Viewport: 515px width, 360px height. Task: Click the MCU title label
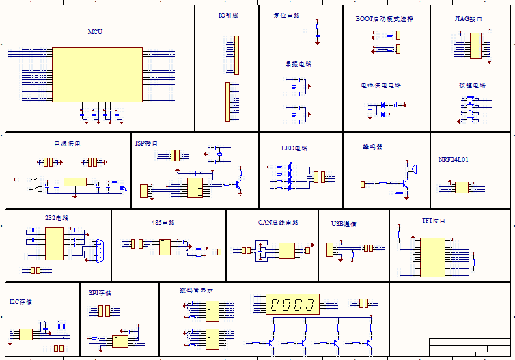point(96,32)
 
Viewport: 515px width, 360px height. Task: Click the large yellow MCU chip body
point(97,74)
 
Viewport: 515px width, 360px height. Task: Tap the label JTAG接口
point(469,19)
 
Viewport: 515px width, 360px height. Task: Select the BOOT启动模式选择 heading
point(384,19)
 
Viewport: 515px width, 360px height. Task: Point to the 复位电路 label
point(286,15)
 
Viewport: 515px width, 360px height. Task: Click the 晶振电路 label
point(298,64)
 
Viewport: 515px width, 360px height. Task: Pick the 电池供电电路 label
point(381,85)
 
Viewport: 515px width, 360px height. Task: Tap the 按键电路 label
point(472,85)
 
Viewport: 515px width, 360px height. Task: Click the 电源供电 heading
point(68,143)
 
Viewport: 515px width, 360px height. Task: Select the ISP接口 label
point(146,143)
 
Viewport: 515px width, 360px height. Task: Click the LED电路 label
point(294,148)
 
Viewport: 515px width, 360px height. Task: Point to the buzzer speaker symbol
point(412,167)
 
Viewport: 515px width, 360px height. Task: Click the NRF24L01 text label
point(454,159)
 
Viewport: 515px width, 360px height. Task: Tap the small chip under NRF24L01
point(462,187)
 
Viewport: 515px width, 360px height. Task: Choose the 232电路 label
point(57,218)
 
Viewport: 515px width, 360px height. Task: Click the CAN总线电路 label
point(279,223)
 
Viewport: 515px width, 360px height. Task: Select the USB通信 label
point(344,223)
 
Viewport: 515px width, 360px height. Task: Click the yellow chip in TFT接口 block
point(432,256)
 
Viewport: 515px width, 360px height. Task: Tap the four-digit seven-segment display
point(294,304)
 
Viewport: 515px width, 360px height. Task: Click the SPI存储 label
point(100,292)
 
